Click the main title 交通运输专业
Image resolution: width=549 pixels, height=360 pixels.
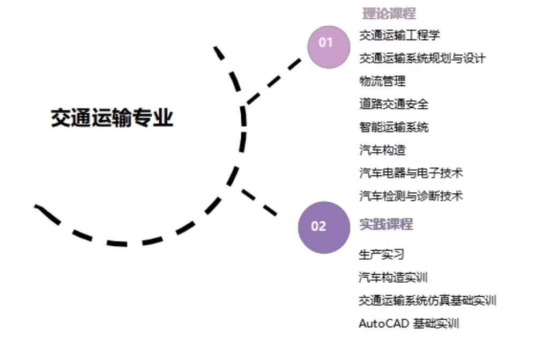tap(112, 118)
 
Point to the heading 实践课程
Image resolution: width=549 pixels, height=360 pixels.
tap(386, 224)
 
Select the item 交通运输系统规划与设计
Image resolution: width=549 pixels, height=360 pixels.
tap(422, 58)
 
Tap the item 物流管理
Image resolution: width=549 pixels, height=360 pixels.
tap(382, 81)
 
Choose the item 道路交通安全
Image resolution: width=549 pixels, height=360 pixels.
tap(394, 104)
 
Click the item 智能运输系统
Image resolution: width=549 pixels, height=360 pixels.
tap(394, 127)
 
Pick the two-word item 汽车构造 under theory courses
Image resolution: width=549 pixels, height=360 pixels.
tap(382, 150)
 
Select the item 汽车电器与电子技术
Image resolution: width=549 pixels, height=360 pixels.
tap(411, 173)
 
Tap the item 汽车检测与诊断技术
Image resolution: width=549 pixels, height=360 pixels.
tap(411, 196)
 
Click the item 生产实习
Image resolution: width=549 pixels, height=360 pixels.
tap(381, 254)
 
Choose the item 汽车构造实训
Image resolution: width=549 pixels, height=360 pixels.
tap(393, 277)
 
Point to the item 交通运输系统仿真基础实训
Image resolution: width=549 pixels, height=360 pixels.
tap(428, 300)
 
